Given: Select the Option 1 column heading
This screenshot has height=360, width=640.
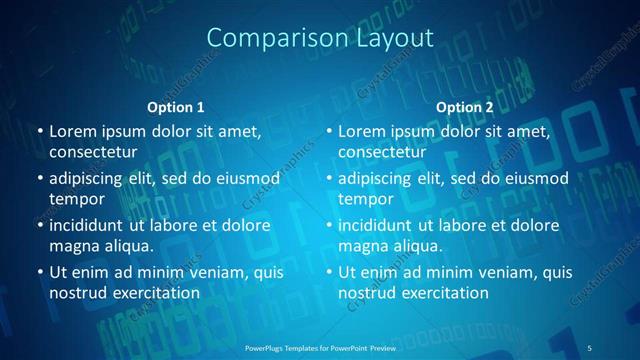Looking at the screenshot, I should click(175, 107).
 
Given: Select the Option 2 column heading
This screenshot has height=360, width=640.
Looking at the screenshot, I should click(465, 107).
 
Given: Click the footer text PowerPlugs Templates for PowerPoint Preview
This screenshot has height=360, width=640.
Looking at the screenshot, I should click(320, 347).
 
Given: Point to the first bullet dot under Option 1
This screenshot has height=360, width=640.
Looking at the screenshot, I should click(39, 132).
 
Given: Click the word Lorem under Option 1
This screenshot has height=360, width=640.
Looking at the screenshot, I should click(73, 131).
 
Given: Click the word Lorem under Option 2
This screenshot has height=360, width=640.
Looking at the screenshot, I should click(363, 131).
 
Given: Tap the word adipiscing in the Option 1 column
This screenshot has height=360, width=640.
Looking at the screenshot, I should click(93, 178).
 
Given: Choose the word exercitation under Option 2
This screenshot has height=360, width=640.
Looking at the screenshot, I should click(444, 293).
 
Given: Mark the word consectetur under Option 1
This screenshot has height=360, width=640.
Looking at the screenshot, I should click(93, 152).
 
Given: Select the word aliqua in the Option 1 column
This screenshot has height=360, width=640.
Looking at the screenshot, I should click(122, 246).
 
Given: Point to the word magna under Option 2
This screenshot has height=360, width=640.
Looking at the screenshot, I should click(361, 246).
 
